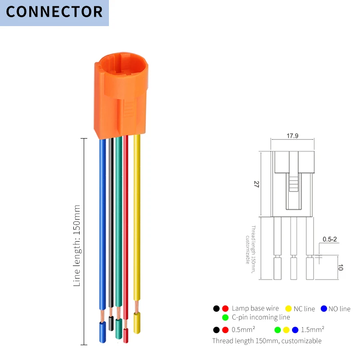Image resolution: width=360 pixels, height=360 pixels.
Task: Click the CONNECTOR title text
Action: pos(54,12)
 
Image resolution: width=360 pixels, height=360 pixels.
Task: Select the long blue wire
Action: pos(103,225)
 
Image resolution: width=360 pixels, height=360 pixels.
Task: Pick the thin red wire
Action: pos(126,225)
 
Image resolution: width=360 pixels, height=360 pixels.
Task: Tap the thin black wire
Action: pos(111,225)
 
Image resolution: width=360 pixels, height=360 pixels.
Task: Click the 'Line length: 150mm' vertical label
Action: pos(77,246)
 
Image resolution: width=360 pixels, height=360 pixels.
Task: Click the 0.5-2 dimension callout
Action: pos(330,239)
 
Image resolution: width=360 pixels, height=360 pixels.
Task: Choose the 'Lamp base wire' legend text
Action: pos(255,309)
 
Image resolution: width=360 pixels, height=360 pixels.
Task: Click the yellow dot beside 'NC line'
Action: pos(288,309)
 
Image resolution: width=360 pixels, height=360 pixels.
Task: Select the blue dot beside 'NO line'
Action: pos(324,309)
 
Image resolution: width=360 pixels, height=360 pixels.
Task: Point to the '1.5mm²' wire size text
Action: pos(313,329)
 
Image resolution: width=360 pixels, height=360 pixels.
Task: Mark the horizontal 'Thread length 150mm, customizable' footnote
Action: pos(267,341)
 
